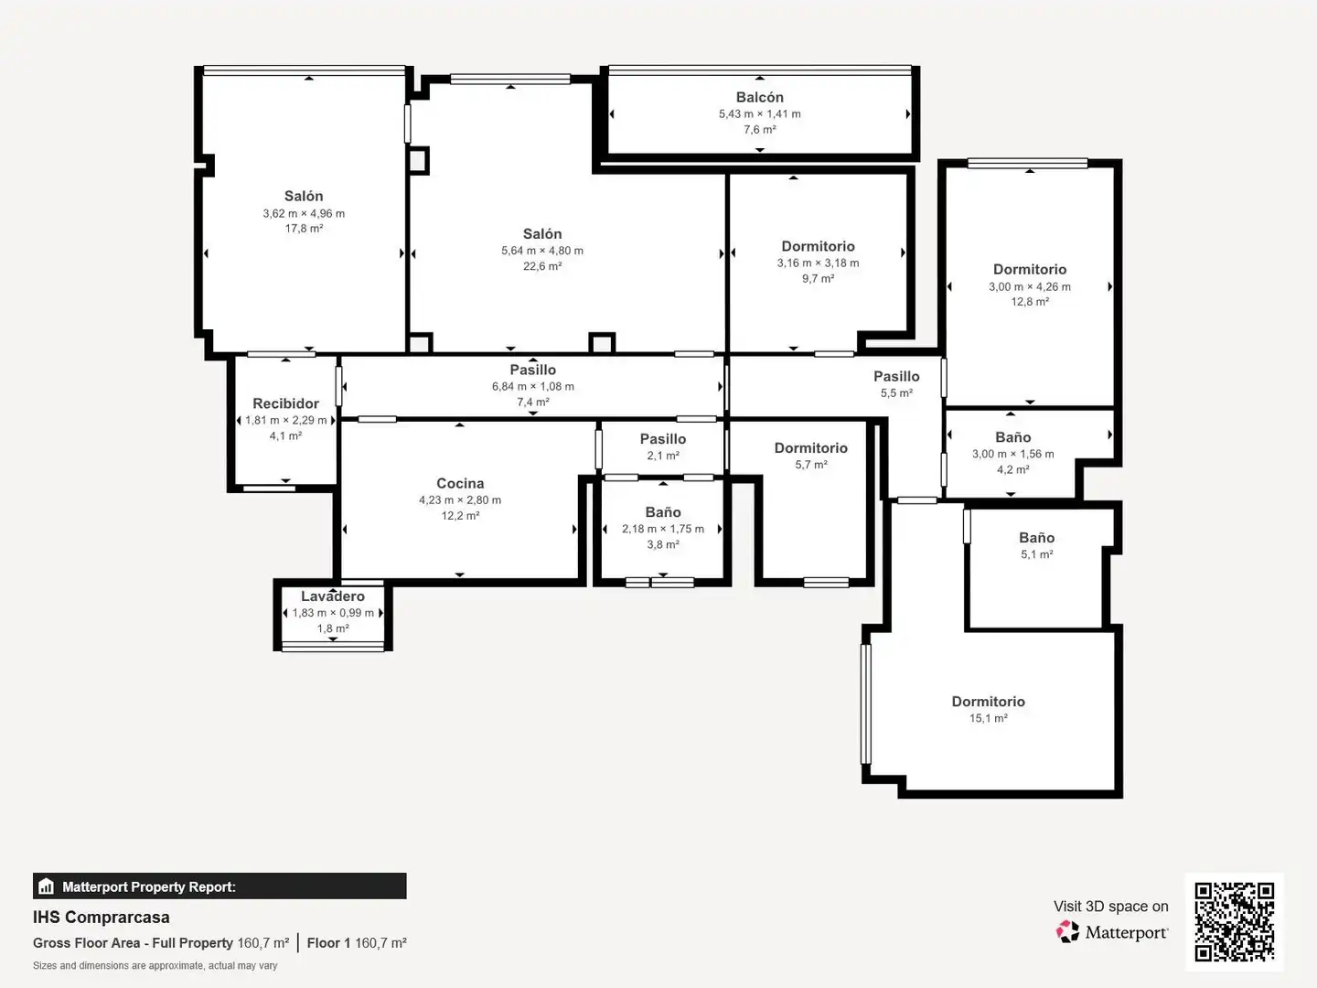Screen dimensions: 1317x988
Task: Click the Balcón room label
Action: (760, 97)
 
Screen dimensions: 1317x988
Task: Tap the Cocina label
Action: (460, 484)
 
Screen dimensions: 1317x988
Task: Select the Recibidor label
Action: (285, 403)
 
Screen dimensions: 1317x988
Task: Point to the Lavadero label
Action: (333, 596)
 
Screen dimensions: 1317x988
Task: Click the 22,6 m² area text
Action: (542, 266)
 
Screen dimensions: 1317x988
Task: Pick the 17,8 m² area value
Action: (305, 229)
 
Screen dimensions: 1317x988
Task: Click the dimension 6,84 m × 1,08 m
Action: (533, 387)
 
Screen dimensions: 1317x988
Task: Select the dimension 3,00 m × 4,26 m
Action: (1030, 286)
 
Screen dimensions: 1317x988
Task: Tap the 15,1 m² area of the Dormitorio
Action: (988, 718)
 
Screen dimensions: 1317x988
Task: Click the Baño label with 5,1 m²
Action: (1037, 538)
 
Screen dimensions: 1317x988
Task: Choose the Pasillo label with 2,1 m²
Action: (663, 439)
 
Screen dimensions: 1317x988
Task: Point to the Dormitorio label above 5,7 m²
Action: (810, 448)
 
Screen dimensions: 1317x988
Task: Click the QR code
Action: (1234, 921)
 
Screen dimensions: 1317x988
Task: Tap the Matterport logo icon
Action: (1067, 931)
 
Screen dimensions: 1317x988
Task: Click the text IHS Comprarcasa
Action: (102, 918)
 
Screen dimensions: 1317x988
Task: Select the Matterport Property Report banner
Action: (219, 886)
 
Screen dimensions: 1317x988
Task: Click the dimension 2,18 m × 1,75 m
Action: (663, 529)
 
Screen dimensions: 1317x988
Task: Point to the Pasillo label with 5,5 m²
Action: (896, 377)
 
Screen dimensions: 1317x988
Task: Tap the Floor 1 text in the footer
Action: (328, 943)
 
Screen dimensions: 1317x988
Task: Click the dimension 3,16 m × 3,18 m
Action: (818, 263)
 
